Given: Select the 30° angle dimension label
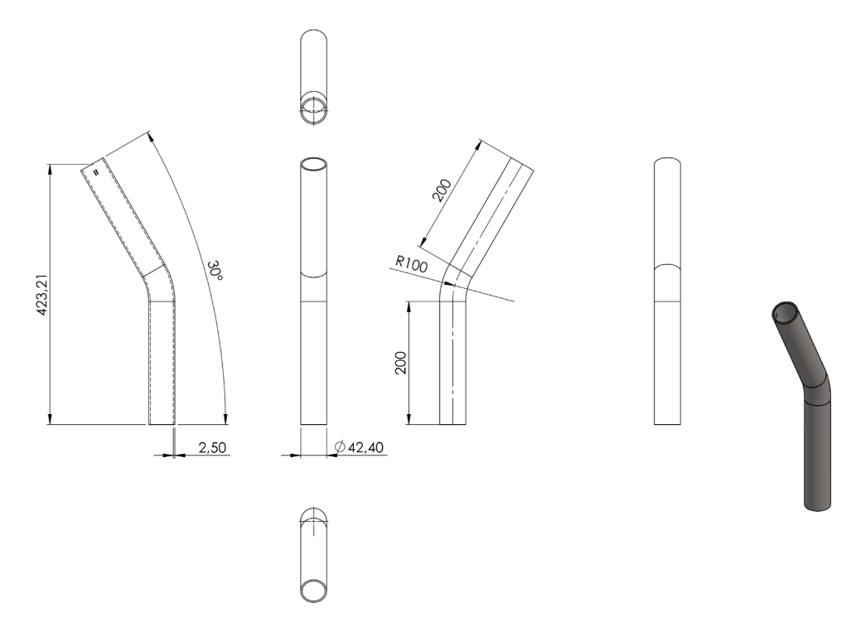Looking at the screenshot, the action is click(x=215, y=271).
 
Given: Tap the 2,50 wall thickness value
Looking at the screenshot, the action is click(x=212, y=447).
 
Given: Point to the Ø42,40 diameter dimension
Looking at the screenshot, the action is click(x=359, y=447).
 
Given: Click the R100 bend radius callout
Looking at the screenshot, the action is click(x=412, y=264).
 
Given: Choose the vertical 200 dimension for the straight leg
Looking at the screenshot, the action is click(x=400, y=363).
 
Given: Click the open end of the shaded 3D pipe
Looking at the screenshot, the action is click(x=784, y=311).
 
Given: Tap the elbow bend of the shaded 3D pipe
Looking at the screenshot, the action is click(x=815, y=390).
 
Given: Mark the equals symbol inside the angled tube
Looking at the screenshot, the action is click(x=96, y=172).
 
